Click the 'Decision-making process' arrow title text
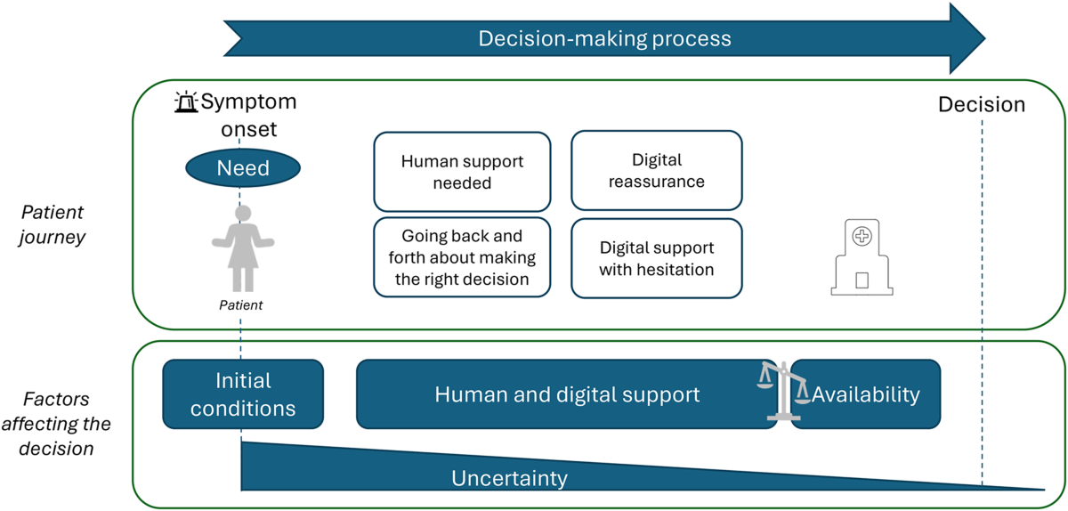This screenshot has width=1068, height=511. (604, 38)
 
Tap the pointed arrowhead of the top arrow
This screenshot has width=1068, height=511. (985, 38)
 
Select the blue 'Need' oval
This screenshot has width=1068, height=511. (243, 168)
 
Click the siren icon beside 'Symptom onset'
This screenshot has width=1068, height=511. (186, 101)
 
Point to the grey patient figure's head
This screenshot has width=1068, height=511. (243, 213)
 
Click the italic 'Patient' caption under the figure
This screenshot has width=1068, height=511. (241, 304)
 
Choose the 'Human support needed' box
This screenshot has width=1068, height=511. (462, 172)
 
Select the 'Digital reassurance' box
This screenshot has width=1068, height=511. (657, 170)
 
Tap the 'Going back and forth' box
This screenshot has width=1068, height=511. (462, 257)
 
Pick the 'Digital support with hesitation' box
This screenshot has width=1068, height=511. (657, 258)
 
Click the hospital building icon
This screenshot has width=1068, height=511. (862, 257)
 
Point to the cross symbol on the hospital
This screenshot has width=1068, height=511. (862, 236)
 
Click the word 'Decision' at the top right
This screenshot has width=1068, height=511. (982, 104)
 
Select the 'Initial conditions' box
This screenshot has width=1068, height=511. (243, 394)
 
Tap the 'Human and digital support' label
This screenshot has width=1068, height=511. (567, 394)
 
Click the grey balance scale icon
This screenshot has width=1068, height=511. (783, 391)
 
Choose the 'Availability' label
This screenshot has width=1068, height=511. (866, 394)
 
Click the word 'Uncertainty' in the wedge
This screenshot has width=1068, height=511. (509, 478)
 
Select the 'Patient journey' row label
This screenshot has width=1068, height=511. (52, 224)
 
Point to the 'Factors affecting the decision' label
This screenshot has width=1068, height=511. (56, 424)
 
